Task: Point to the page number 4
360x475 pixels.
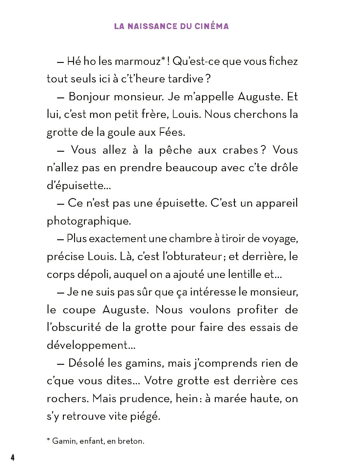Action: click(12, 458)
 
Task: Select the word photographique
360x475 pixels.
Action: click(89, 221)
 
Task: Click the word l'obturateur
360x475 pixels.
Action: click(192, 257)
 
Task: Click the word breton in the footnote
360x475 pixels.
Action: click(131, 441)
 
